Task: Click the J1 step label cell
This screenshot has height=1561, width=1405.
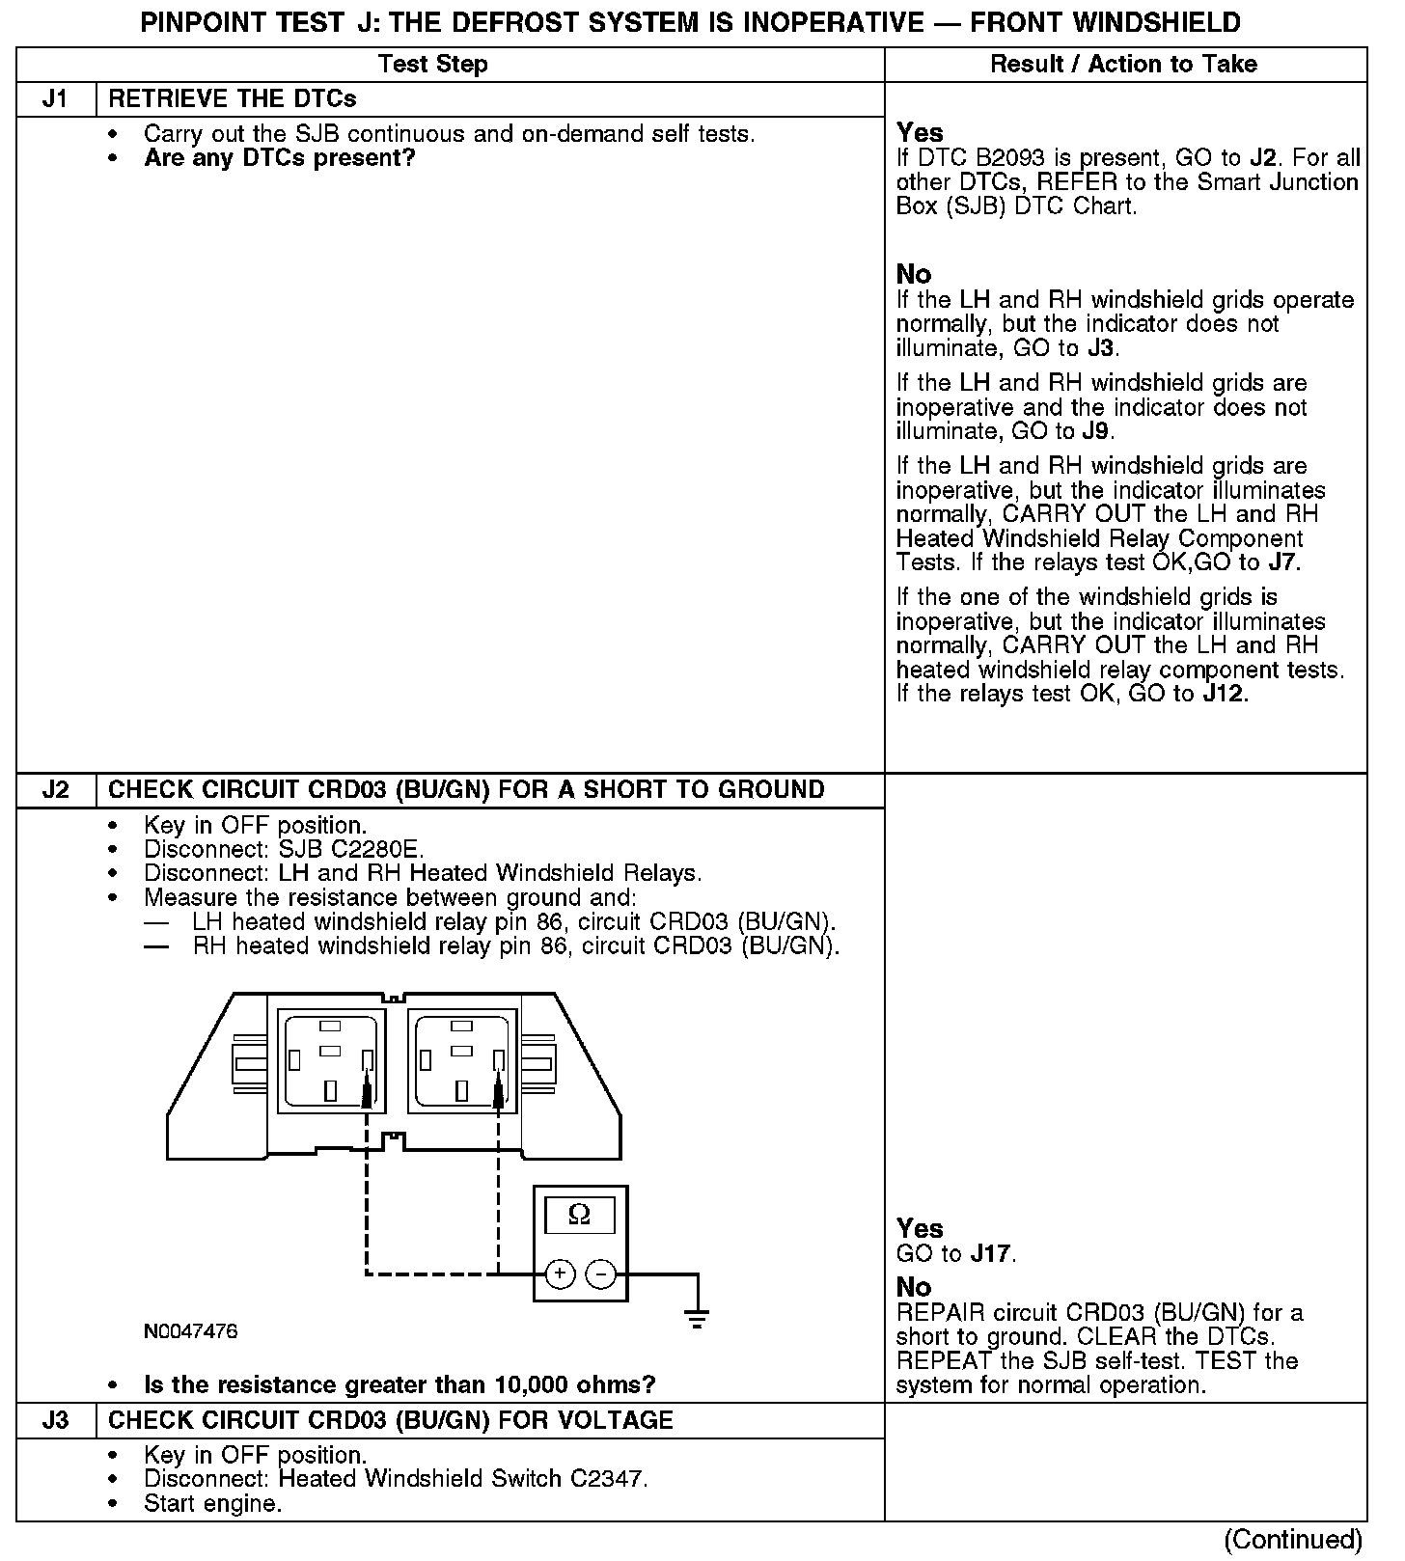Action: click(56, 99)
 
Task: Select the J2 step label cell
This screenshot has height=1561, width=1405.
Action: click(56, 790)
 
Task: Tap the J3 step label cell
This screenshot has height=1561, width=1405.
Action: click(56, 1420)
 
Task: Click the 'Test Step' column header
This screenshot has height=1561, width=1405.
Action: click(433, 65)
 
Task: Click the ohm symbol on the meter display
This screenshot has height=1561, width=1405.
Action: click(579, 1215)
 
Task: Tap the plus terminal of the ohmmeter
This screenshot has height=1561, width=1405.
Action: click(561, 1274)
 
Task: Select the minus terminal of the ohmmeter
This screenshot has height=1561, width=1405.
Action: click(600, 1274)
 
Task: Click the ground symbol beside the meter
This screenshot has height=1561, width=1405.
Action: click(697, 1316)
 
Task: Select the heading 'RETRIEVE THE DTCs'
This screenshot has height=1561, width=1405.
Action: click(232, 99)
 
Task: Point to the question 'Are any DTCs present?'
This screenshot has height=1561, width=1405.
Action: click(279, 158)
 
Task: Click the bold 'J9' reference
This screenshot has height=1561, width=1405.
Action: click(1097, 431)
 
